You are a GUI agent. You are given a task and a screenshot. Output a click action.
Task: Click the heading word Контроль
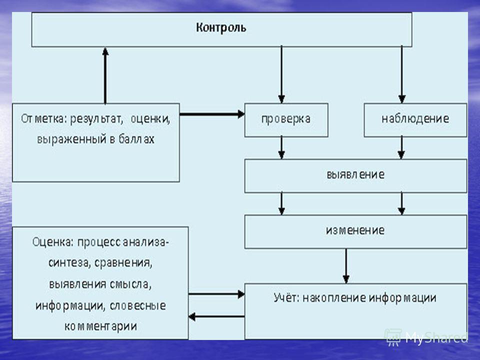pyautogui.click(x=221, y=27)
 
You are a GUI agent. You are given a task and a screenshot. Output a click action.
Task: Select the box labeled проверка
pyautogui.click(x=286, y=120)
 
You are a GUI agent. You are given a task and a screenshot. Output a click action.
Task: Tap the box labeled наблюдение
pyautogui.click(x=415, y=120)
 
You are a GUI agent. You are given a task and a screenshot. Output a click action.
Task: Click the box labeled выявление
pyautogui.click(x=355, y=175)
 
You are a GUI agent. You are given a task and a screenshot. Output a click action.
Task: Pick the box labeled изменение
pyautogui.click(x=355, y=231)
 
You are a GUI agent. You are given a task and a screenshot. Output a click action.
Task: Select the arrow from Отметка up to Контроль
pyautogui.click(x=105, y=75)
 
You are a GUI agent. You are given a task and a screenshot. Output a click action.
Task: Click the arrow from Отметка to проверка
pyautogui.click(x=212, y=114)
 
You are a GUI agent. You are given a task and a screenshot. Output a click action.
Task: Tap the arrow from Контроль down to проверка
pyautogui.click(x=281, y=74)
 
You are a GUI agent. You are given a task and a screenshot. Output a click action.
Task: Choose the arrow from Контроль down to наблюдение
pyautogui.click(x=402, y=74)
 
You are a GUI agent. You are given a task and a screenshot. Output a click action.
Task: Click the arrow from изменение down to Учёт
pyautogui.click(x=346, y=266)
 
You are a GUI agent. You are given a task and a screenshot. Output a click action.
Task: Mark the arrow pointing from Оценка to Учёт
pyautogui.click(x=216, y=294)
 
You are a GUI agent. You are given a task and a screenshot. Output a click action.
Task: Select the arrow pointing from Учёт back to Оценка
pyautogui.click(x=216, y=316)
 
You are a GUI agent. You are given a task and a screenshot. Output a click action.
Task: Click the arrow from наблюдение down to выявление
pyautogui.click(x=401, y=148)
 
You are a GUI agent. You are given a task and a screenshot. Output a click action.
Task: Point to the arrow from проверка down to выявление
pyautogui.click(x=281, y=148)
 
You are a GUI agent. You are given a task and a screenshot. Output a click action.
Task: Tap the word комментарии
pyautogui.click(x=100, y=326)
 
